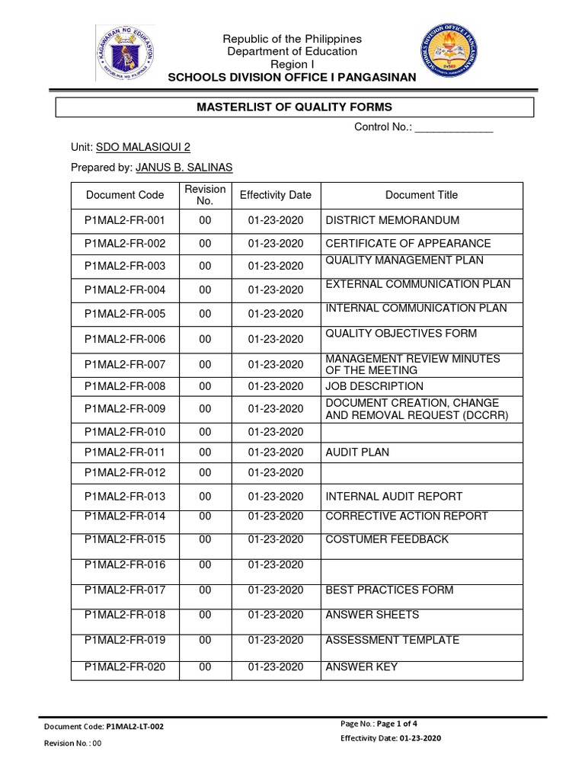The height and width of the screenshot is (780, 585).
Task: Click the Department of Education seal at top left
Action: pos(126,53)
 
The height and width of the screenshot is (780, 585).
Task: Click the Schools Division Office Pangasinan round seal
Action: pos(456,54)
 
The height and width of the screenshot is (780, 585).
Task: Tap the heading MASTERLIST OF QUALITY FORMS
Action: pos(295,107)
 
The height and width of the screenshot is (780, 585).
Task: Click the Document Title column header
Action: pos(421,195)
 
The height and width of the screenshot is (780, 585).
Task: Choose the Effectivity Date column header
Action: pos(275,195)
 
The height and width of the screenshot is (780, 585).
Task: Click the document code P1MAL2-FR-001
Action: pos(125,220)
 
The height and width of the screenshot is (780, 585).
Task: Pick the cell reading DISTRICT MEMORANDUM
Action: pos(392,220)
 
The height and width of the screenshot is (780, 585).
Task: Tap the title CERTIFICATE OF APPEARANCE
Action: pos(408,244)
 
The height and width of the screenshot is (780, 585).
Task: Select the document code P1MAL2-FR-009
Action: pos(125,408)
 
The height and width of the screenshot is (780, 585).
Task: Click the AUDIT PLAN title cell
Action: pos(357,452)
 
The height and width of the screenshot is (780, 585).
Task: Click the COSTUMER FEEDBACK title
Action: pos(387,539)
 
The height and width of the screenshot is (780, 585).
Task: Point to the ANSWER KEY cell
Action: pos(361,668)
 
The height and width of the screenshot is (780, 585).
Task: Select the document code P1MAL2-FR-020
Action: pos(125,668)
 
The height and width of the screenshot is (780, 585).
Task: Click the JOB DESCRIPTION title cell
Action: pos(374,386)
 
